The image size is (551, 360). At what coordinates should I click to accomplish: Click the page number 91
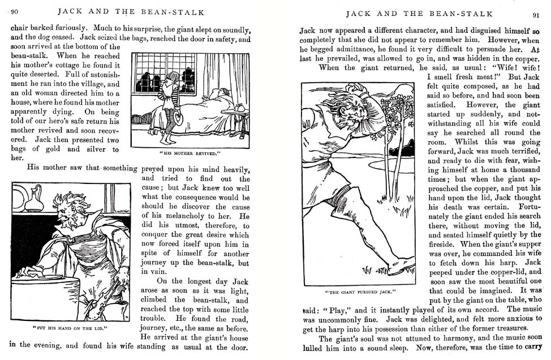coord(535,15)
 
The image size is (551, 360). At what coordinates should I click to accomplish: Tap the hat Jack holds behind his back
coord(178,118)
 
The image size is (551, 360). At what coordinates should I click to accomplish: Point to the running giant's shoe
coord(402,265)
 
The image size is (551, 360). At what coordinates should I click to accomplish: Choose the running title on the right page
coord(419,14)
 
